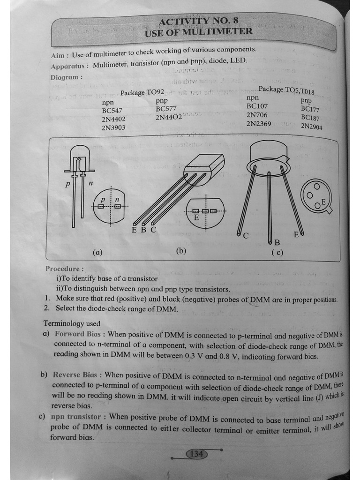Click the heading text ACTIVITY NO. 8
tap(198, 21)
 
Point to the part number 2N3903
tap(113, 127)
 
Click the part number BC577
tap(166, 109)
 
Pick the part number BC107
tap(257, 106)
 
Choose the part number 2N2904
tap(312, 126)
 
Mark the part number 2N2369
tap(259, 124)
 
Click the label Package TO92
tap(142, 92)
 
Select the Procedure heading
tap(65, 269)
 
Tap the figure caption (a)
tap(97, 252)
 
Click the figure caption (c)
tap(277, 253)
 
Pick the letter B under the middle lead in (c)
tap(277, 242)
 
